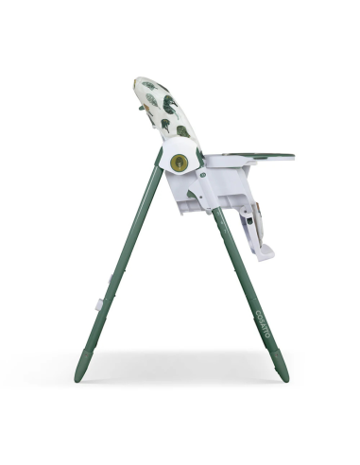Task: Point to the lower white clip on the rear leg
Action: (99, 304)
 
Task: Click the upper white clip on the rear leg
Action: (113, 277)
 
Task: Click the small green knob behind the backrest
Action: (141, 108)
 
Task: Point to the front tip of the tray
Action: (291, 157)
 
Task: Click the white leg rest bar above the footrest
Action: (248, 223)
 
